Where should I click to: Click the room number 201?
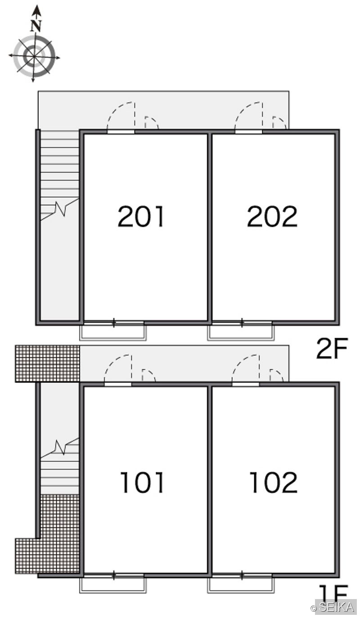(141, 217)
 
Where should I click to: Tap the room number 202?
(272, 217)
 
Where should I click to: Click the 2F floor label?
(332, 348)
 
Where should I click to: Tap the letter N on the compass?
(36, 26)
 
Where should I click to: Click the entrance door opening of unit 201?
(121, 131)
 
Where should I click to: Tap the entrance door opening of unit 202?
(248, 131)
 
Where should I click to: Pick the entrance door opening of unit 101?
(118, 384)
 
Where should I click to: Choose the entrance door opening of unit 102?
(246, 384)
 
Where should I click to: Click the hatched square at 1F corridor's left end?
(47, 363)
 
